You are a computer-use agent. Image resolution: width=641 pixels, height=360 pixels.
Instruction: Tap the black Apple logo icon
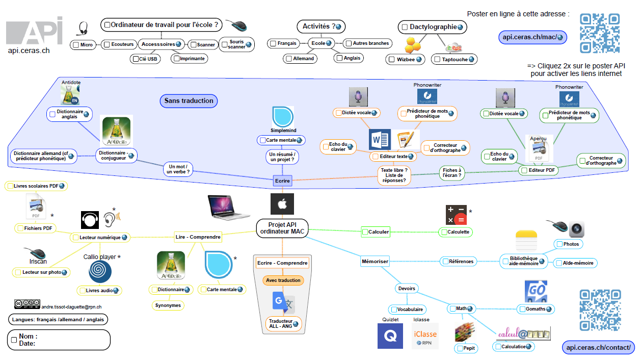pos(282,204)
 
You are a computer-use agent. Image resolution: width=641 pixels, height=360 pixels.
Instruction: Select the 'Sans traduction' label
pos(189,101)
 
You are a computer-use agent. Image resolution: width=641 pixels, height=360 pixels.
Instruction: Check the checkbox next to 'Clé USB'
pos(135,59)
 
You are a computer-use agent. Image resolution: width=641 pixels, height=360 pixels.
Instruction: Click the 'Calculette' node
pos(456,232)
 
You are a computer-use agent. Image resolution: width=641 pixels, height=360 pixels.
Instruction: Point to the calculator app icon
pos(456,215)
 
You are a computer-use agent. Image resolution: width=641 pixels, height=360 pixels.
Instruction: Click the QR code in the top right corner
pos(600,33)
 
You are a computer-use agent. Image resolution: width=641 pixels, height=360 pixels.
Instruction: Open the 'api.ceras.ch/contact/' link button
pos(599,347)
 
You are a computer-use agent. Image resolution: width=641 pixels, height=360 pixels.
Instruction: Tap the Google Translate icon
pos(283,303)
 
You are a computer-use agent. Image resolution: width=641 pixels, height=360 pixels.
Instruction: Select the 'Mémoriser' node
pos(375,262)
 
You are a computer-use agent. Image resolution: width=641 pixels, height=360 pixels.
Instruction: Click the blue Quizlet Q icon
pos(390,336)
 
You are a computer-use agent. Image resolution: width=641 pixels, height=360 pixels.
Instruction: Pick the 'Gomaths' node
pos(536,309)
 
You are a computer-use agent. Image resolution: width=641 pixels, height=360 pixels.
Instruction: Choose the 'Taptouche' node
pos(454,59)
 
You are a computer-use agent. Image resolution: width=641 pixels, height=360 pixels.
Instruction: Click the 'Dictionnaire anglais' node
pos(70,115)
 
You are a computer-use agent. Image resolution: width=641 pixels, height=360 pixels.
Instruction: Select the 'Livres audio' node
pos(100,290)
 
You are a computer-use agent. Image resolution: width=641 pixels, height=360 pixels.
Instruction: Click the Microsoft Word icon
pos(380,139)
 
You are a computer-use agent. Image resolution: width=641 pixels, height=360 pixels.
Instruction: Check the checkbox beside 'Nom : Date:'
pos(14,340)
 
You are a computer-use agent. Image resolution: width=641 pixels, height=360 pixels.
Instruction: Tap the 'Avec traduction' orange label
pos(283,280)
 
